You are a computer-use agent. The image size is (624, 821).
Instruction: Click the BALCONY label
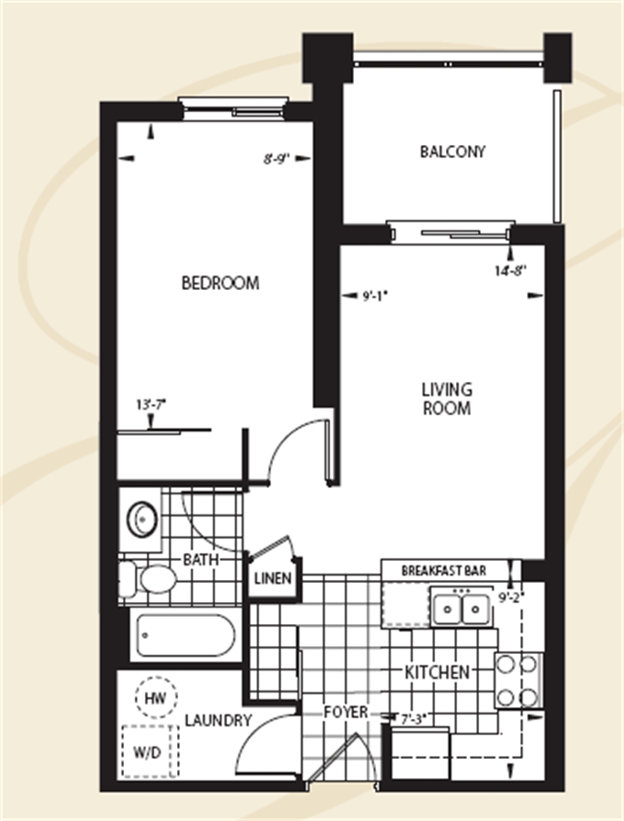(452, 151)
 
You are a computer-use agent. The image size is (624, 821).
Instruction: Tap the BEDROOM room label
(221, 284)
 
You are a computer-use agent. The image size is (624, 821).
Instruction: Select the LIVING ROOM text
(447, 399)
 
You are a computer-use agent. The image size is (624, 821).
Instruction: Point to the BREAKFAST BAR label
(444, 570)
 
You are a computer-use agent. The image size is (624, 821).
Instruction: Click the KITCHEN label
(437, 672)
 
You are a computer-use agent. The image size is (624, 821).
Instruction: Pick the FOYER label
(346, 712)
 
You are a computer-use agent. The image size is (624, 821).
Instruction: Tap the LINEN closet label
(273, 578)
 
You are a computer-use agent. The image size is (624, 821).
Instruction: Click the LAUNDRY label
(218, 721)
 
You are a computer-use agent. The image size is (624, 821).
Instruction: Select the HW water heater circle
(156, 698)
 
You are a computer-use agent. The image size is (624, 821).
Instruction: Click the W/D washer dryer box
(151, 752)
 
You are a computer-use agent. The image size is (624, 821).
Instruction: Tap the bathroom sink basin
(143, 519)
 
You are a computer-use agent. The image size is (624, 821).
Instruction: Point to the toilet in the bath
(148, 579)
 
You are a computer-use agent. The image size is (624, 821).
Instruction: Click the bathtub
(185, 636)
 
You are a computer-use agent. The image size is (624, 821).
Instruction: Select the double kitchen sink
(462, 608)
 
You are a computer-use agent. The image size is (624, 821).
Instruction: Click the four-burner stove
(518, 681)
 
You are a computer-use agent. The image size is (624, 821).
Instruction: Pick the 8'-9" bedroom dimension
(276, 159)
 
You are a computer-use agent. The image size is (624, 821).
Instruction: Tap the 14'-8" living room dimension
(511, 271)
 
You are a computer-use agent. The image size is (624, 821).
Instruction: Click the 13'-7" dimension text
(151, 405)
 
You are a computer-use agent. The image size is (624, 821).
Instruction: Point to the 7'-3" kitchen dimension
(411, 720)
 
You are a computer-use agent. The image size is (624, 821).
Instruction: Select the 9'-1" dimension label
(374, 296)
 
